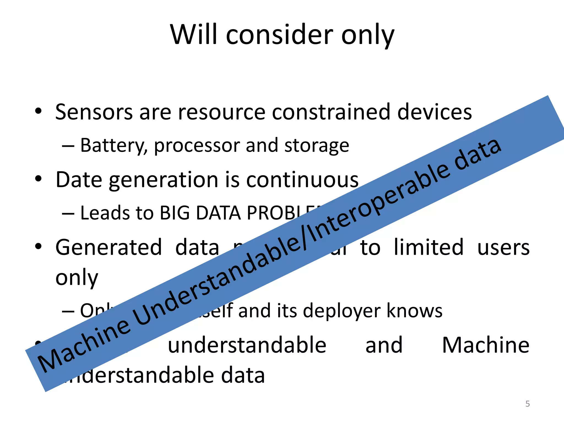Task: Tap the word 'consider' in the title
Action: (x=279, y=34)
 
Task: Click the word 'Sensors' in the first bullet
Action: (x=94, y=112)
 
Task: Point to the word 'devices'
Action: (x=435, y=112)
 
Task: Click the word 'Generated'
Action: (x=109, y=247)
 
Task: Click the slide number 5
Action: (x=527, y=404)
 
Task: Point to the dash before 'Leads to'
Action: (x=68, y=213)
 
